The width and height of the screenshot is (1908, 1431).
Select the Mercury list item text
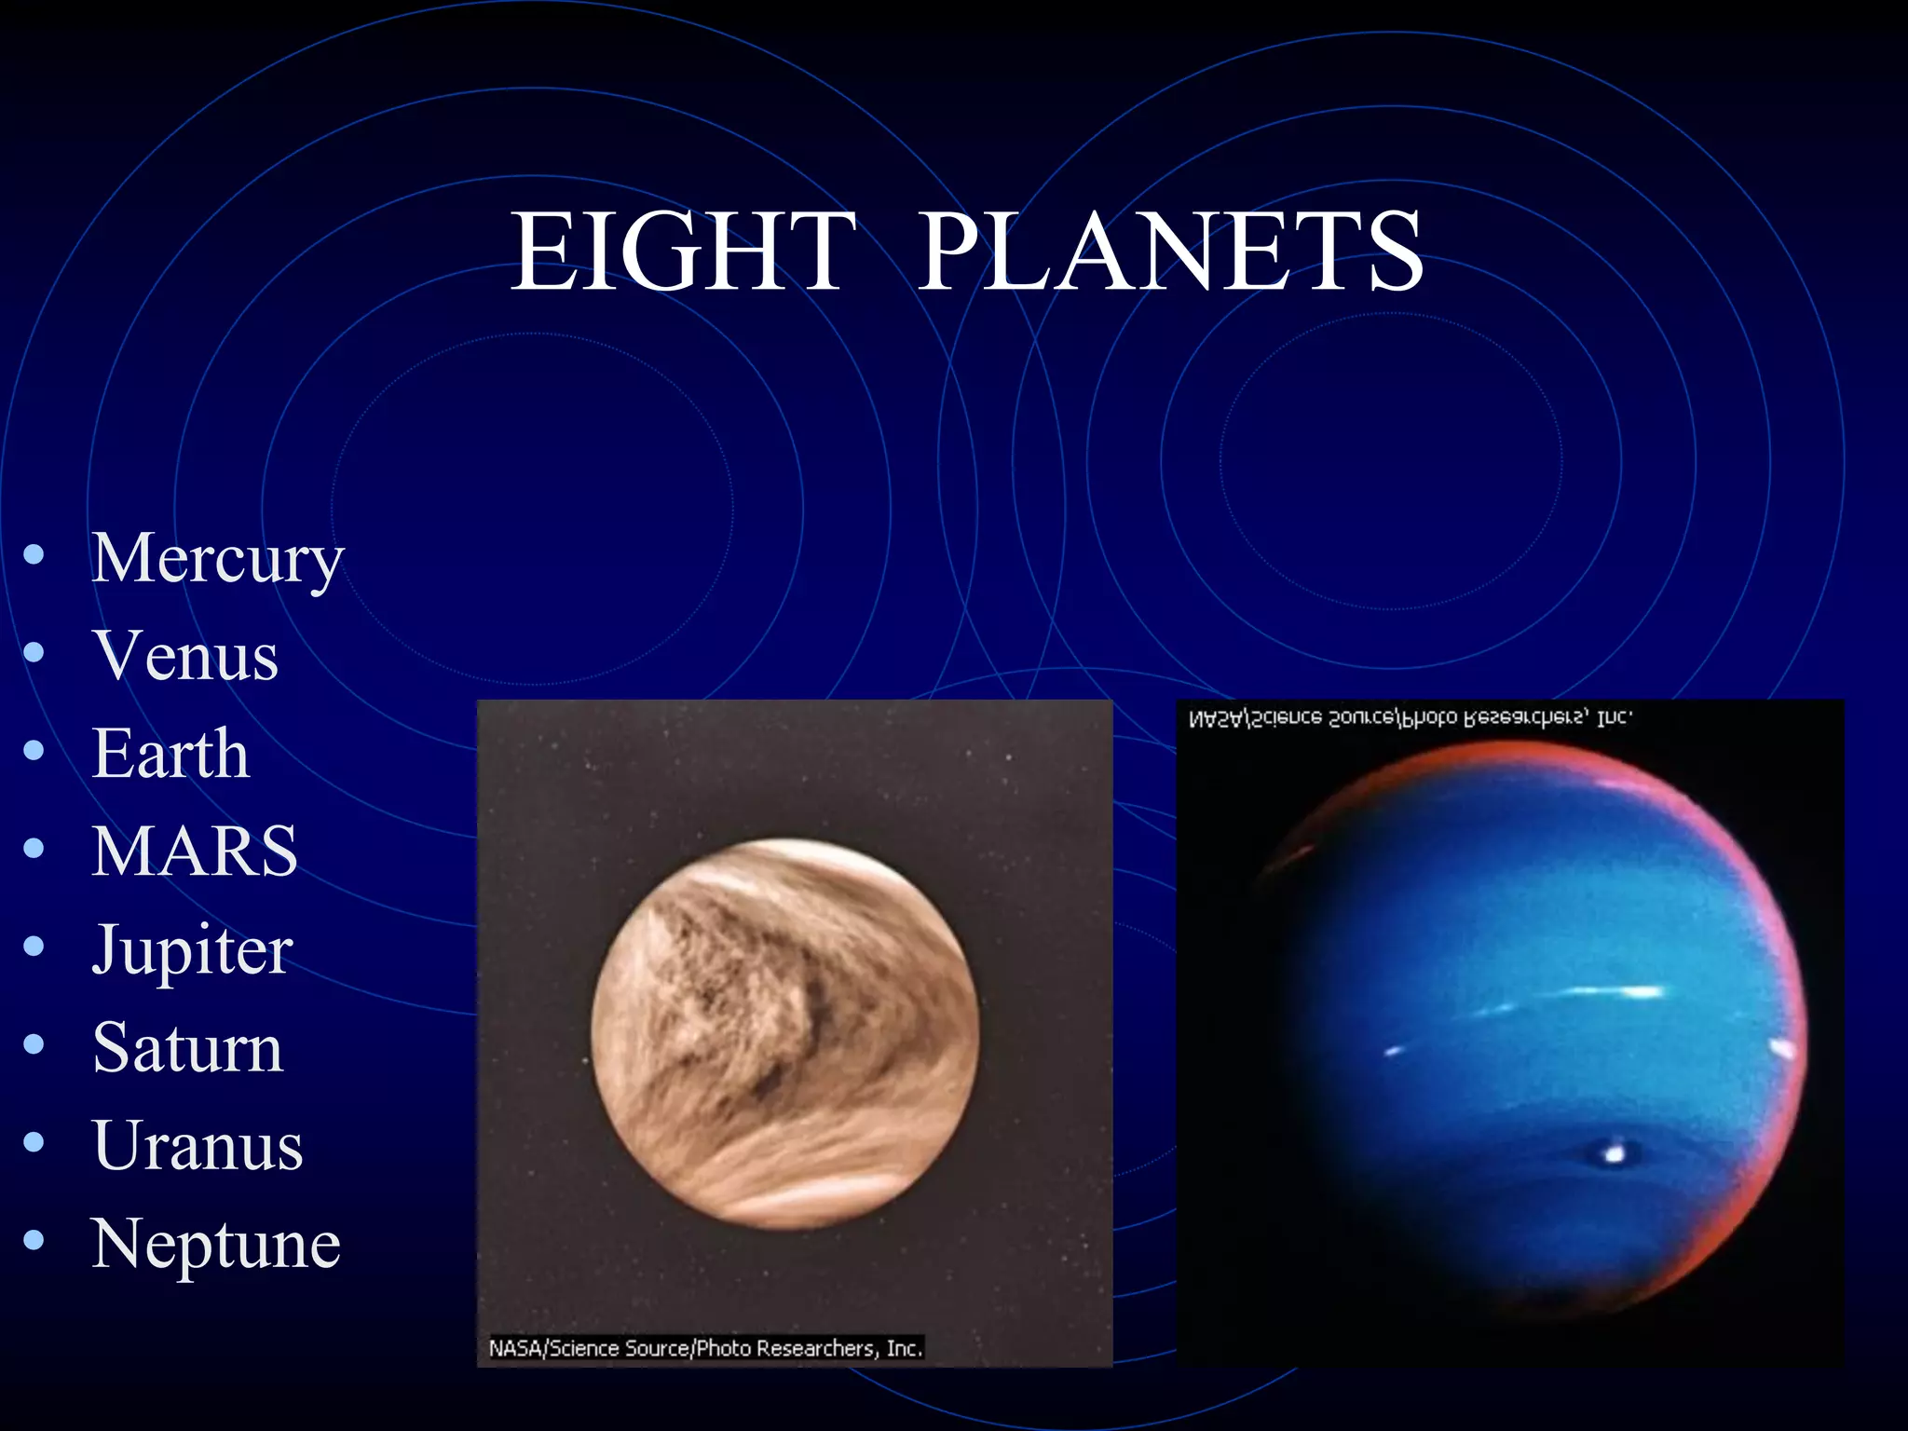218,559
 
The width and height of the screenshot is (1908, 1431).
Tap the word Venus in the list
185,656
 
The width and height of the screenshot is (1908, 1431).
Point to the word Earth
171,754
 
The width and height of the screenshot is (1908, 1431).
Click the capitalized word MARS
195,852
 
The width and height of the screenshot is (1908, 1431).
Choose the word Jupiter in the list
193,951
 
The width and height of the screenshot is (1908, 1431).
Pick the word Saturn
187,1048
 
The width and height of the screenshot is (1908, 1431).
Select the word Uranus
198,1146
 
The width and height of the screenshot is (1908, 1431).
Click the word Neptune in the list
216,1245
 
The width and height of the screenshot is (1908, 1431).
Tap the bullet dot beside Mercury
34,555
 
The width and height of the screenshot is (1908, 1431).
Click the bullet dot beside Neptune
34,1240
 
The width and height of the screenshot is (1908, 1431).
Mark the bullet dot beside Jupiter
34,947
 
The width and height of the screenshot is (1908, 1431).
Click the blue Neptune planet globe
1528,1034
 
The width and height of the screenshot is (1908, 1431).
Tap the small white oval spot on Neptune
1615,1154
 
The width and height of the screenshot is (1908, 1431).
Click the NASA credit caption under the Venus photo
705,1348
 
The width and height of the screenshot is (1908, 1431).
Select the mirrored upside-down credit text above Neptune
1409,718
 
